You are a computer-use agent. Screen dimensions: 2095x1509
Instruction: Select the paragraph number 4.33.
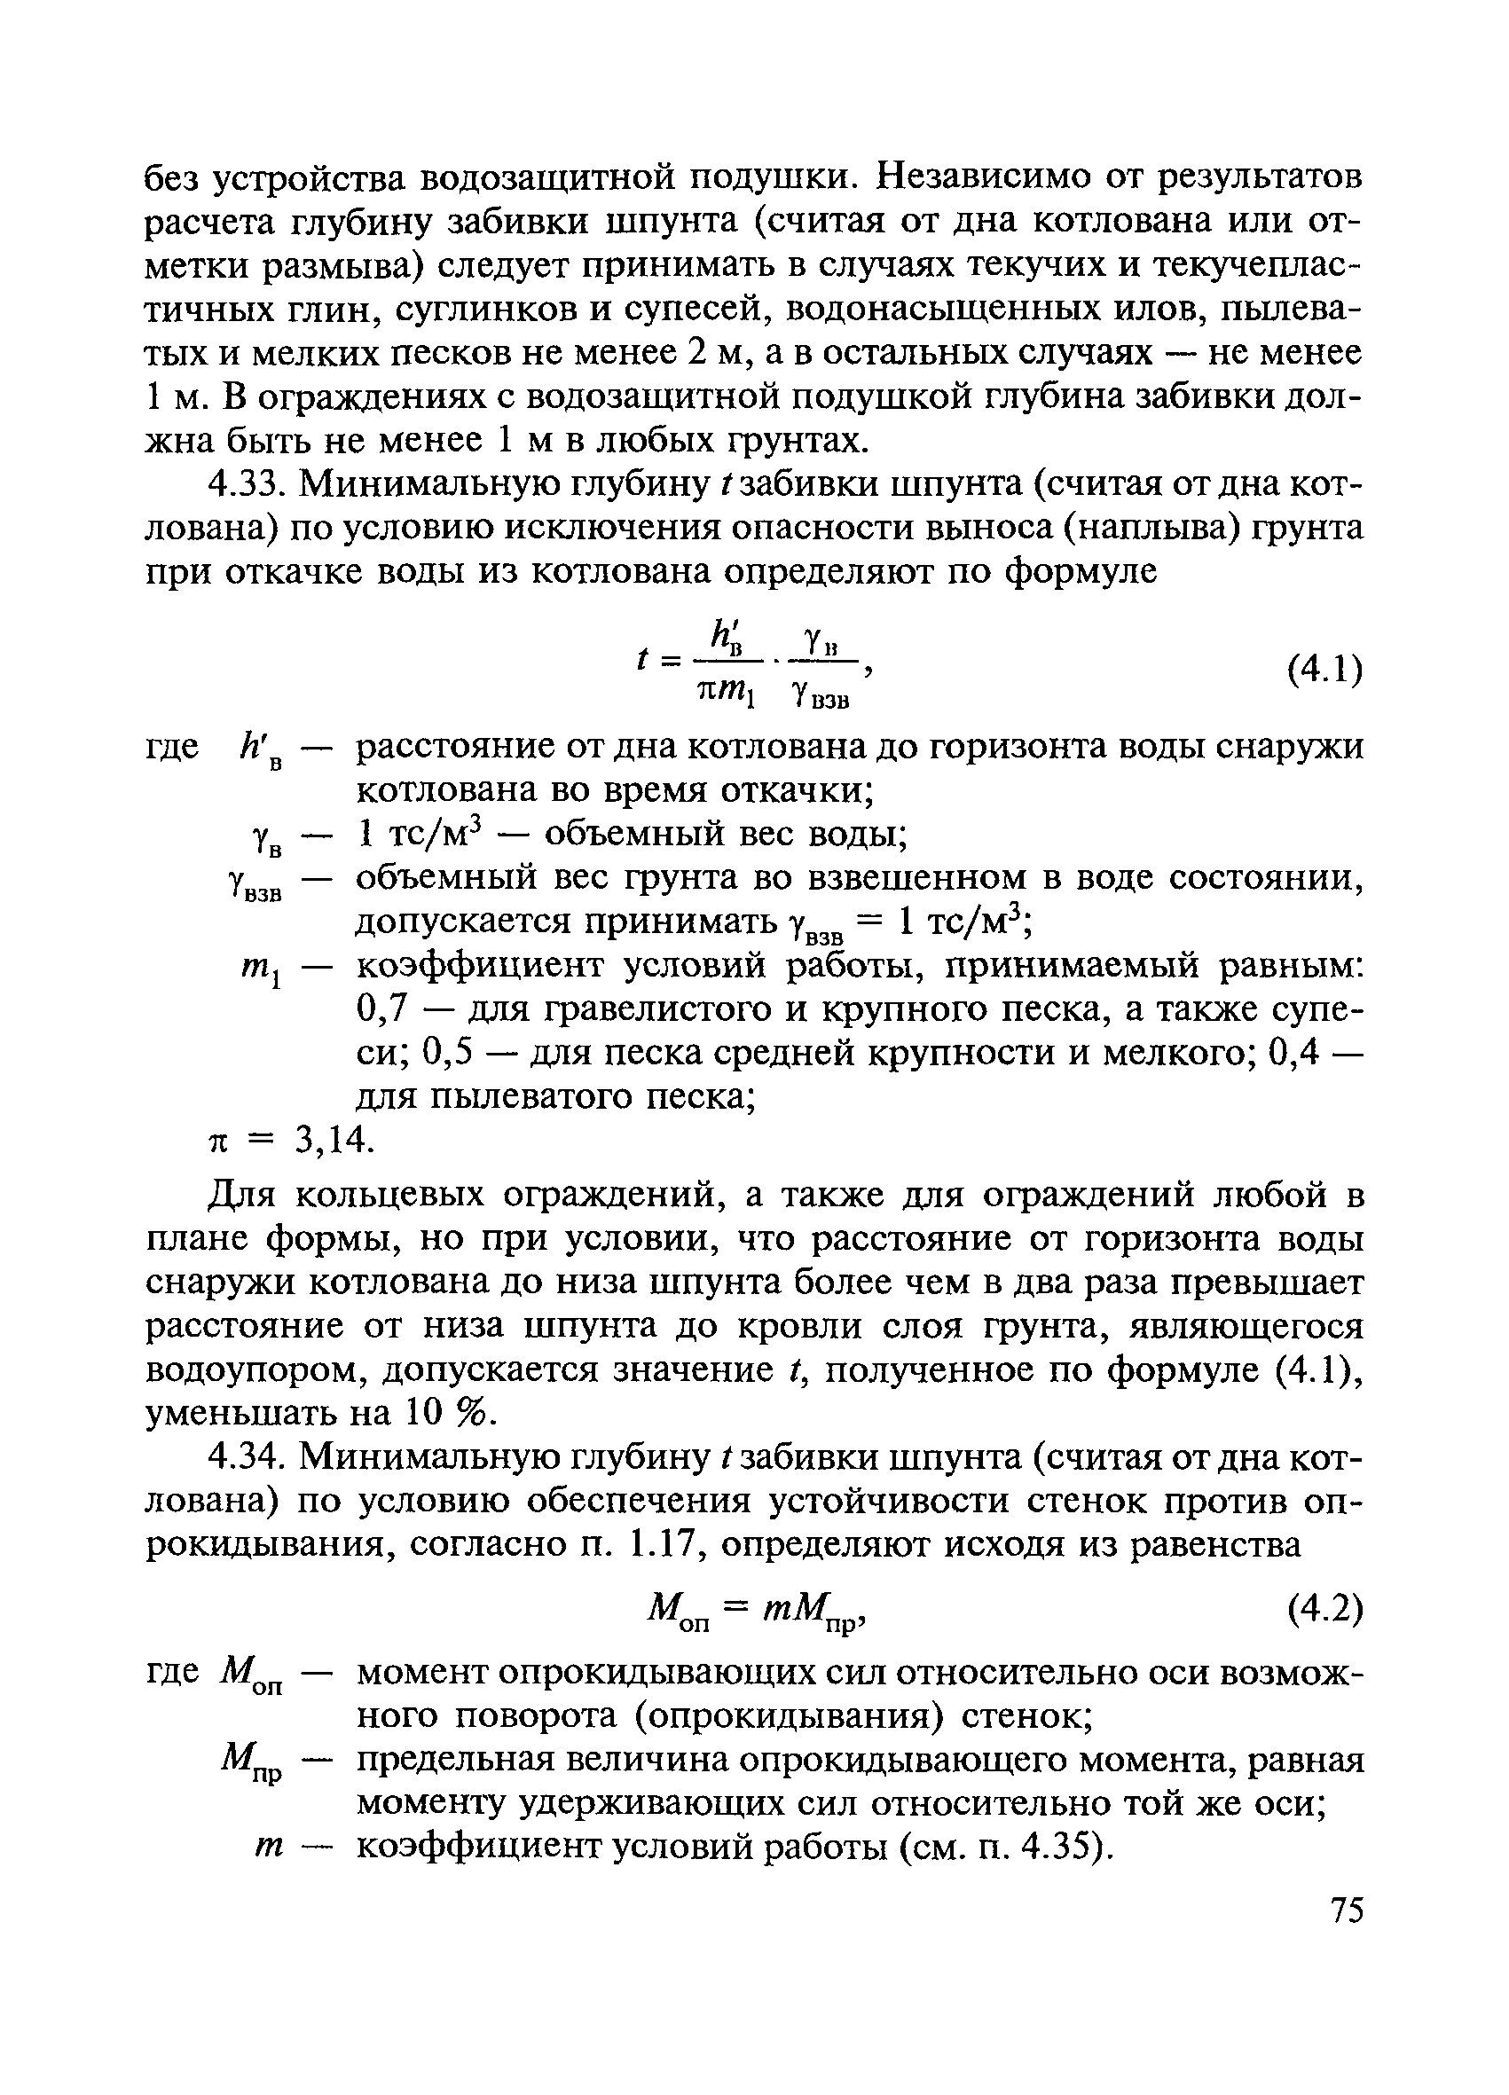click(243, 484)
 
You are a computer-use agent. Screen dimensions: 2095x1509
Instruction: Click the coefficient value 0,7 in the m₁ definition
click(381, 1009)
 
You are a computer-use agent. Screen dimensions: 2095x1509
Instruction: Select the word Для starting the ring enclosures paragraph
click(242, 1197)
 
